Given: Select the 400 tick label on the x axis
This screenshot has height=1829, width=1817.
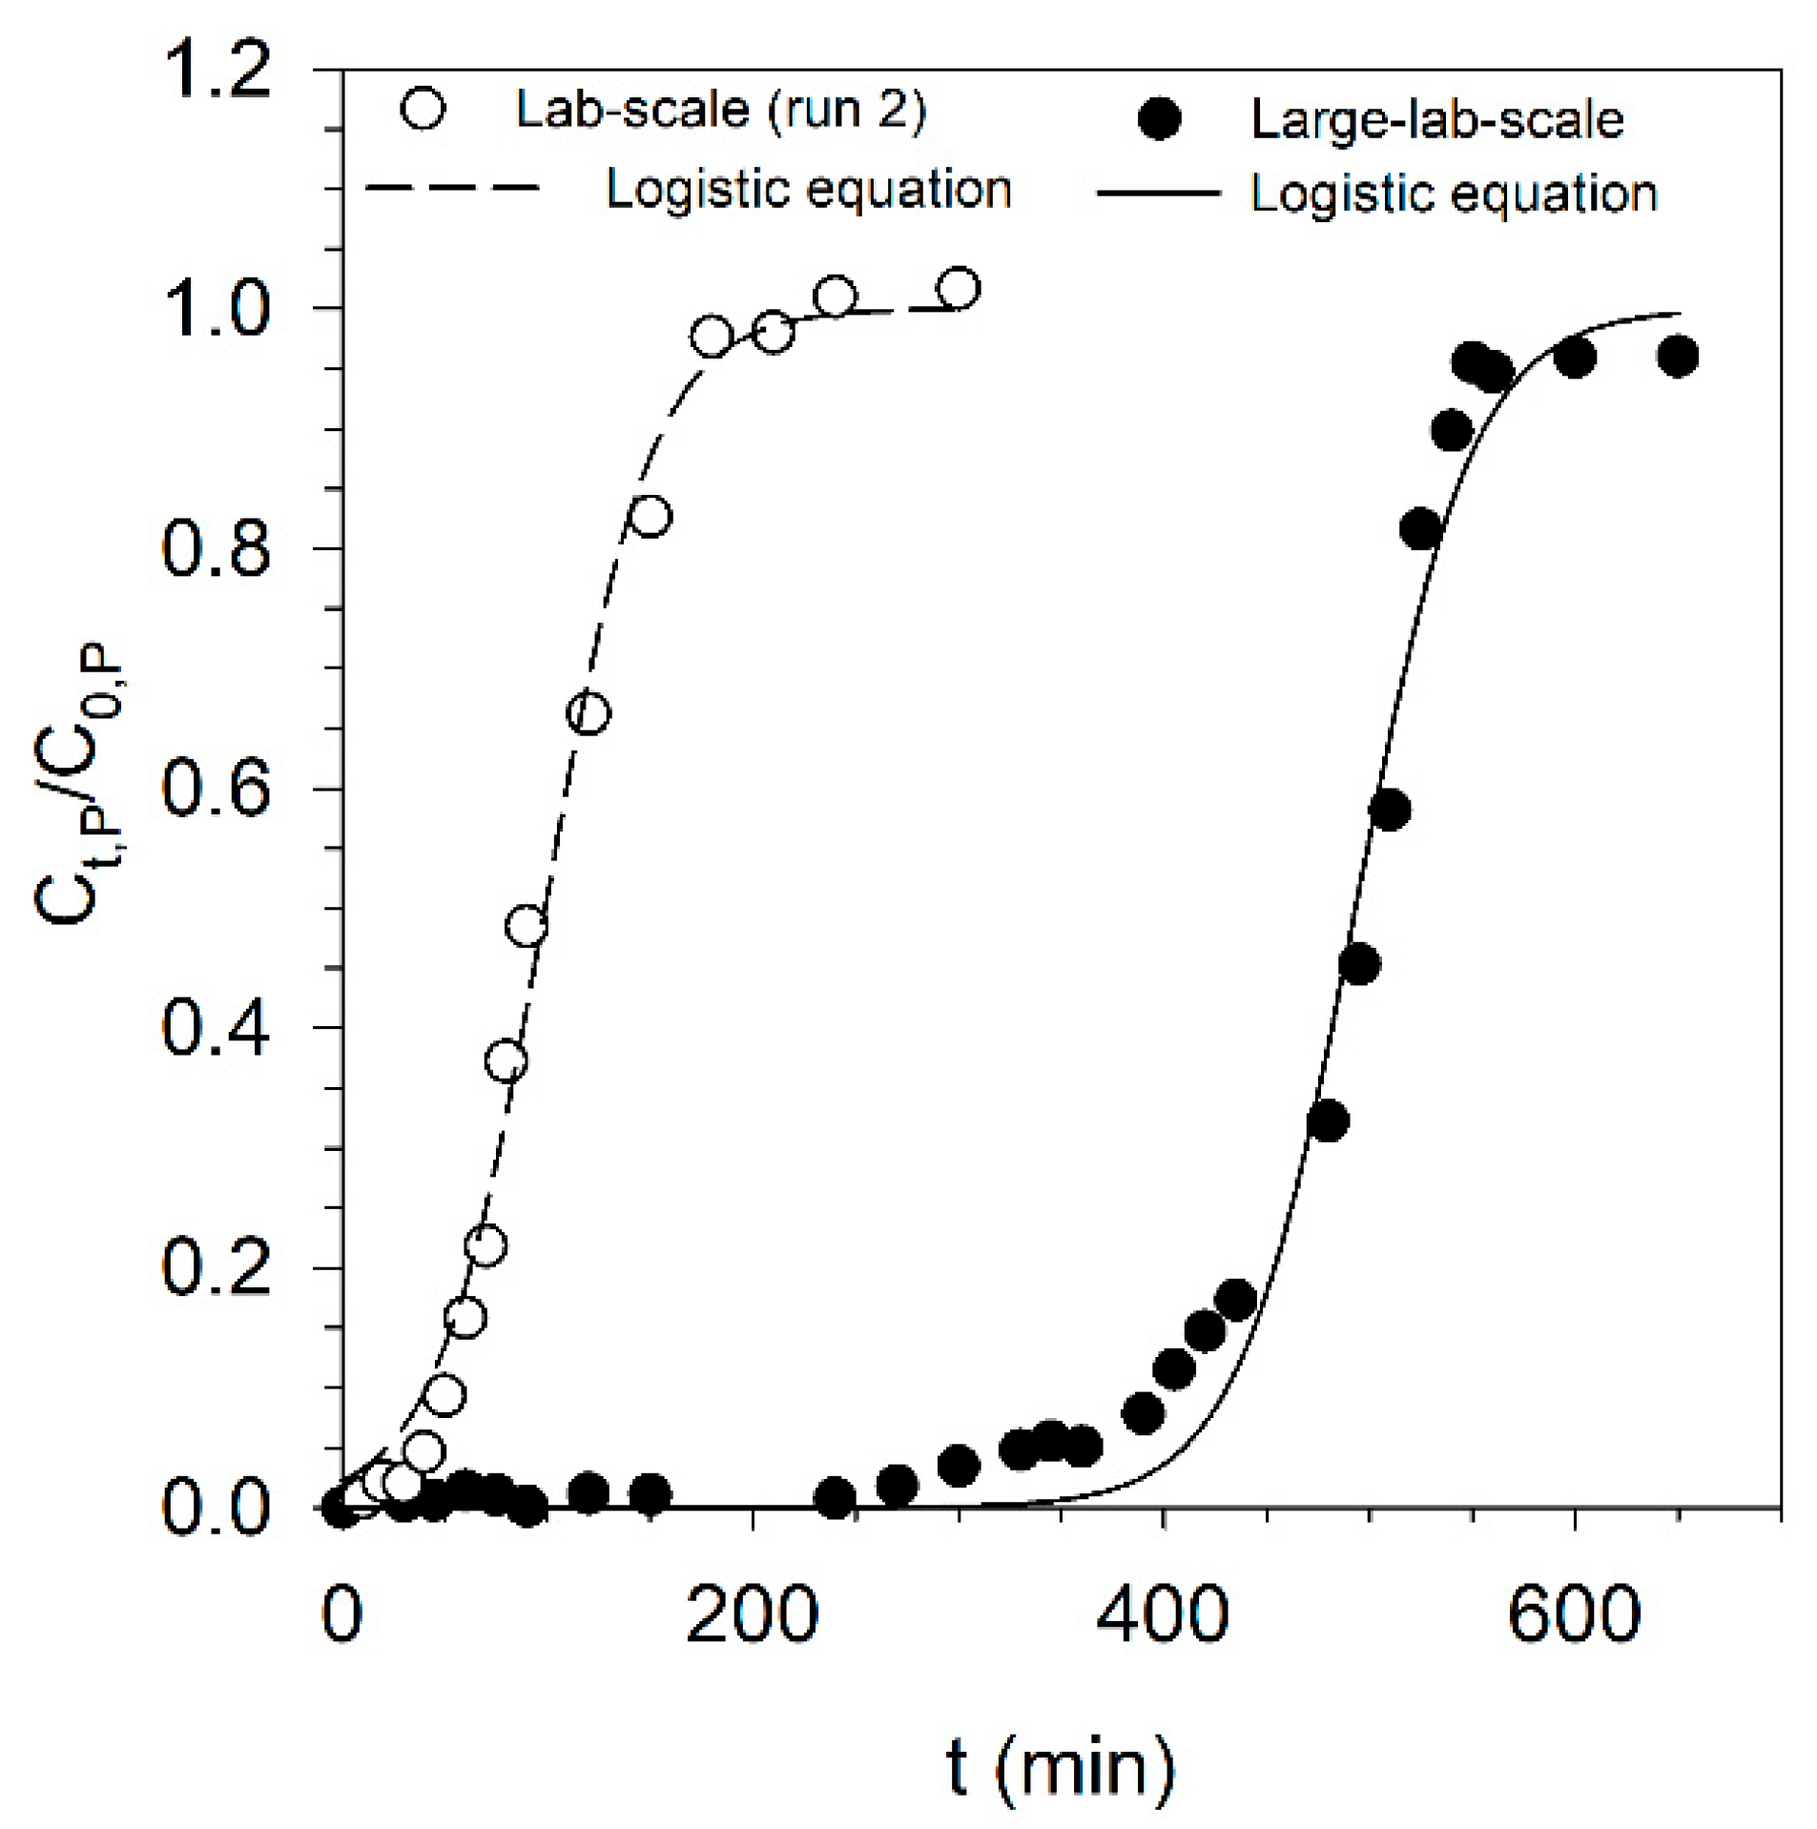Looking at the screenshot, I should click(x=1162, y=1615).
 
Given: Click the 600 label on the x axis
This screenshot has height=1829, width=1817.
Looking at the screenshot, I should click(x=1573, y=1615).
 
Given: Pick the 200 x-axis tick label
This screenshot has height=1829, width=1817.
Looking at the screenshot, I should click(x=752, y=1615).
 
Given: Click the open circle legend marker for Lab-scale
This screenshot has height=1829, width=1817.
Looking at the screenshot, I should click(x=423, y=108).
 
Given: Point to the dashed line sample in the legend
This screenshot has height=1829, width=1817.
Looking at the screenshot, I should click(x=452, y=187).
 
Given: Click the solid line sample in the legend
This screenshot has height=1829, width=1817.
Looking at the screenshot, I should click(x=1157, y=194).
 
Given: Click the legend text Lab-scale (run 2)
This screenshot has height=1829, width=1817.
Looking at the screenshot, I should click(x=720, y=110).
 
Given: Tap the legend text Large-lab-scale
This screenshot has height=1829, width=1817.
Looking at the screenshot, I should click(x=1436, y=120).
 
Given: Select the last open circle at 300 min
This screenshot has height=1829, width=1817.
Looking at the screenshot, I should click(x=958, y=288).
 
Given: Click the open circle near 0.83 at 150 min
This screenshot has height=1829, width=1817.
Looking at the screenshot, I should click(x=650, y=517).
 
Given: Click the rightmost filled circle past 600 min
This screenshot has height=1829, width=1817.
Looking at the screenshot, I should click(x=1677, y=357).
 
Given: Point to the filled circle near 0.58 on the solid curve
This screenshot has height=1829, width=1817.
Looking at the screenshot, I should click(x=1389, y=811).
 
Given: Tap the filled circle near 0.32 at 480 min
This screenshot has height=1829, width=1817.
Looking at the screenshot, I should click(x=1327, y=1121).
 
